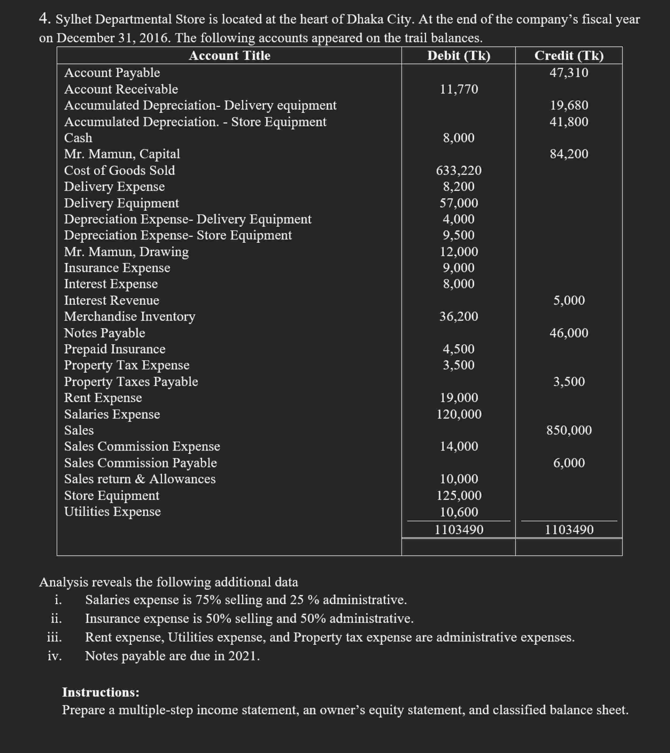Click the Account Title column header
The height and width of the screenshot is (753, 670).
pyautogui.click(x=230, y=56)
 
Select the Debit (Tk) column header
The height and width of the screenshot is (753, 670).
pyautogui.click(x=459, y=56)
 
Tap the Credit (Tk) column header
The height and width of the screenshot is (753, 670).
pyautogui.click(x=569, y=56)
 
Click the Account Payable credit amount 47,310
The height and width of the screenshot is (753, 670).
pyautogui.click(x=569, y=73)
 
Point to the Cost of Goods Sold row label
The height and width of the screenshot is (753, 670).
pyautogui.click(x=119, y=170)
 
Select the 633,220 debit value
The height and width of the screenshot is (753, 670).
pyautogui.click(x=459, y=170)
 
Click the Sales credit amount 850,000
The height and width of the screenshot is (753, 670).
pyautogui.click(x=569, y=430)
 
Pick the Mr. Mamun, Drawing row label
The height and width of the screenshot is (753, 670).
pyautogui.click(x=126, y=252)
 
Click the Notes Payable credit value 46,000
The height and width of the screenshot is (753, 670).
pyautogui.click(x=569, y=333)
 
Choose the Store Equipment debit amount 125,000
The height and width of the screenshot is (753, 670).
pyautogui.click(x=459, y=495)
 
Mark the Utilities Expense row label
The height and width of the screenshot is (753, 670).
pyautogui.click(x=112, y=511)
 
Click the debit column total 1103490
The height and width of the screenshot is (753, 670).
pyautogui.click(x=459, y=529)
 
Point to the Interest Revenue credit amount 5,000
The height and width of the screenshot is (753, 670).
pyautogui.click(x=569, y=300)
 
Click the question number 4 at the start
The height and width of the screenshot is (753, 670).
pyautogui.click(x=44, y=19)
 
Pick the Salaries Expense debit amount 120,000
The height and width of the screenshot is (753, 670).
pyautogui.click(x=459, y=414)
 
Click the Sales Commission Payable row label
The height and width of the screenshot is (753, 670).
pyautogui.click(x=140, y=463)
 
